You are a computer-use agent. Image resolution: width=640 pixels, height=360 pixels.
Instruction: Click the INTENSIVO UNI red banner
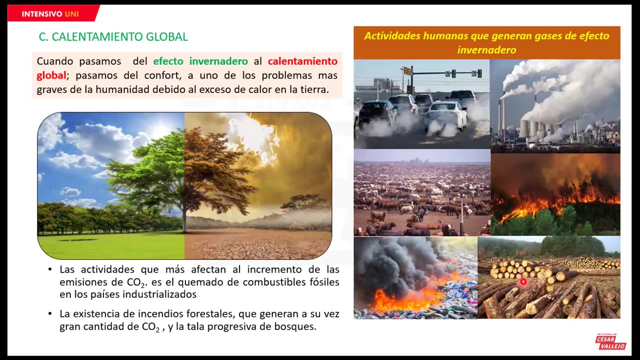50,13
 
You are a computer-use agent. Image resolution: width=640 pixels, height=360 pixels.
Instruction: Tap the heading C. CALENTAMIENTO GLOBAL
113,37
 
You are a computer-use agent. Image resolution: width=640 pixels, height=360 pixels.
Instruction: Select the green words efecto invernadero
200,61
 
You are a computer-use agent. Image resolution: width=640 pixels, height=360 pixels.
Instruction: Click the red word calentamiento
302,61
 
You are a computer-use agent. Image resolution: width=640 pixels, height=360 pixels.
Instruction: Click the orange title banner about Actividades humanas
486,43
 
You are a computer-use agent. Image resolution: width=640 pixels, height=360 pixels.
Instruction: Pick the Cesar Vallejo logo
610,342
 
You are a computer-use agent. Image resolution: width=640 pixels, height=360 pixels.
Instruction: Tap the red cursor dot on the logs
523,282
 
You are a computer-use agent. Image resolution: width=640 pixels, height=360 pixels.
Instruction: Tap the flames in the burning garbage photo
405,300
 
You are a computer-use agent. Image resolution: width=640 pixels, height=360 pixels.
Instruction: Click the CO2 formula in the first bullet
136,282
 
